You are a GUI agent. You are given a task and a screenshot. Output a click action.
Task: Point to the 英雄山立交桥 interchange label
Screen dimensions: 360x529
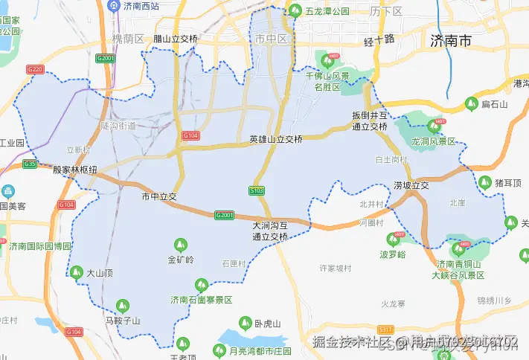coord(276,139)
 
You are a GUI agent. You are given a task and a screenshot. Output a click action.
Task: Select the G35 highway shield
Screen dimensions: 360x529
coord(31,164)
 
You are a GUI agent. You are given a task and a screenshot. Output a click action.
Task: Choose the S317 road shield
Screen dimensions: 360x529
coord(385,329)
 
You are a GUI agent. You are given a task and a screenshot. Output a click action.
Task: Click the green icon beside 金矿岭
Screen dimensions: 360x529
coord(179,244)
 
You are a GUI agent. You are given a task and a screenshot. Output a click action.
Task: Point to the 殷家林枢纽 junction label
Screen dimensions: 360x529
coord(75,170)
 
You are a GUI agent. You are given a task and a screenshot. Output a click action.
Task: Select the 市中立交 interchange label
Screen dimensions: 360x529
coord(158,196)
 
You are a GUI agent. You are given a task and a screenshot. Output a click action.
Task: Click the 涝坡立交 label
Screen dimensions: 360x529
coord(411,185)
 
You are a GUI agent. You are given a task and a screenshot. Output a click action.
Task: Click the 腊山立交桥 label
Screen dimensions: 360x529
coord(176,39)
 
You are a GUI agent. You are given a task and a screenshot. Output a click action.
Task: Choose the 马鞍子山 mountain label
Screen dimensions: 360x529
coord(123,321)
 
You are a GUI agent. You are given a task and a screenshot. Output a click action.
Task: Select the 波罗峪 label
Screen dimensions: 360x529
coord(393,254)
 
